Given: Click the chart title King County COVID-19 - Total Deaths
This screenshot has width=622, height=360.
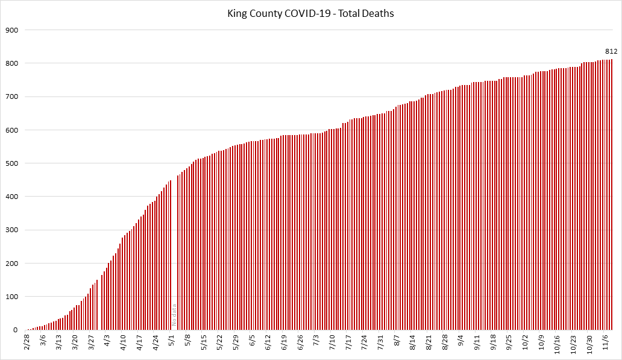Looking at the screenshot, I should click(311, 13).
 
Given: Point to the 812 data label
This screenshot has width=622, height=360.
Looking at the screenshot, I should click(611, 52).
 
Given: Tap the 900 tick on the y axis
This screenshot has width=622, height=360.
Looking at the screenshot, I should click(12, 30).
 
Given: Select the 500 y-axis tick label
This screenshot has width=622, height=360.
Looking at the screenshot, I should click(12, 163).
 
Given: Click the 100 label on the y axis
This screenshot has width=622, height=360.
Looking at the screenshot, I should click(12, 297).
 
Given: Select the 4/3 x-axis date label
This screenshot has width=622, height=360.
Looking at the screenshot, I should click(107, 341).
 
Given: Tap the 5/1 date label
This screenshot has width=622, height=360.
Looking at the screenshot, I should click(171, 341).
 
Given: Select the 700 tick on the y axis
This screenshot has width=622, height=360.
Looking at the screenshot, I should click(12, 96).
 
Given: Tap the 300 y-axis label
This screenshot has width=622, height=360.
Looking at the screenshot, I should click(12, 230).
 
